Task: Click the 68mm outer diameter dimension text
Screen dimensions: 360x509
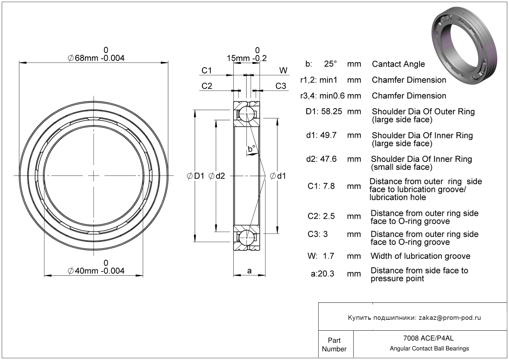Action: point(96,58)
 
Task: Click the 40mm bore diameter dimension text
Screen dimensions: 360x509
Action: point(96,271)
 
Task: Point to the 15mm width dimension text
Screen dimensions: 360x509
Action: point(246,58)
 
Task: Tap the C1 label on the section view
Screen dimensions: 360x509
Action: point(207,71)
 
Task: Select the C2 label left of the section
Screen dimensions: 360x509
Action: point(207,86)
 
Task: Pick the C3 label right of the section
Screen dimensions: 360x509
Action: point(281,86)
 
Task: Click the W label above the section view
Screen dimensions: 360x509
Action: point(283,71)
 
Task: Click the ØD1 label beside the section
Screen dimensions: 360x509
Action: point(196,176)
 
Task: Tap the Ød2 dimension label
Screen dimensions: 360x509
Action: point(217,176)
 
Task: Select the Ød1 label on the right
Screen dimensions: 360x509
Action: point(278,176)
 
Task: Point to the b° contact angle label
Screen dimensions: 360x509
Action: point(251,149)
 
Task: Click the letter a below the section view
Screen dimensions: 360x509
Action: point(249,271)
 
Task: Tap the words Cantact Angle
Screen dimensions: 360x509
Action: point(398,64)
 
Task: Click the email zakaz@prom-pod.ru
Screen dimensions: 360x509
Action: point(450,318)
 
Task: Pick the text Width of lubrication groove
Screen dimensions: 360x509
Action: point(420,256)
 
